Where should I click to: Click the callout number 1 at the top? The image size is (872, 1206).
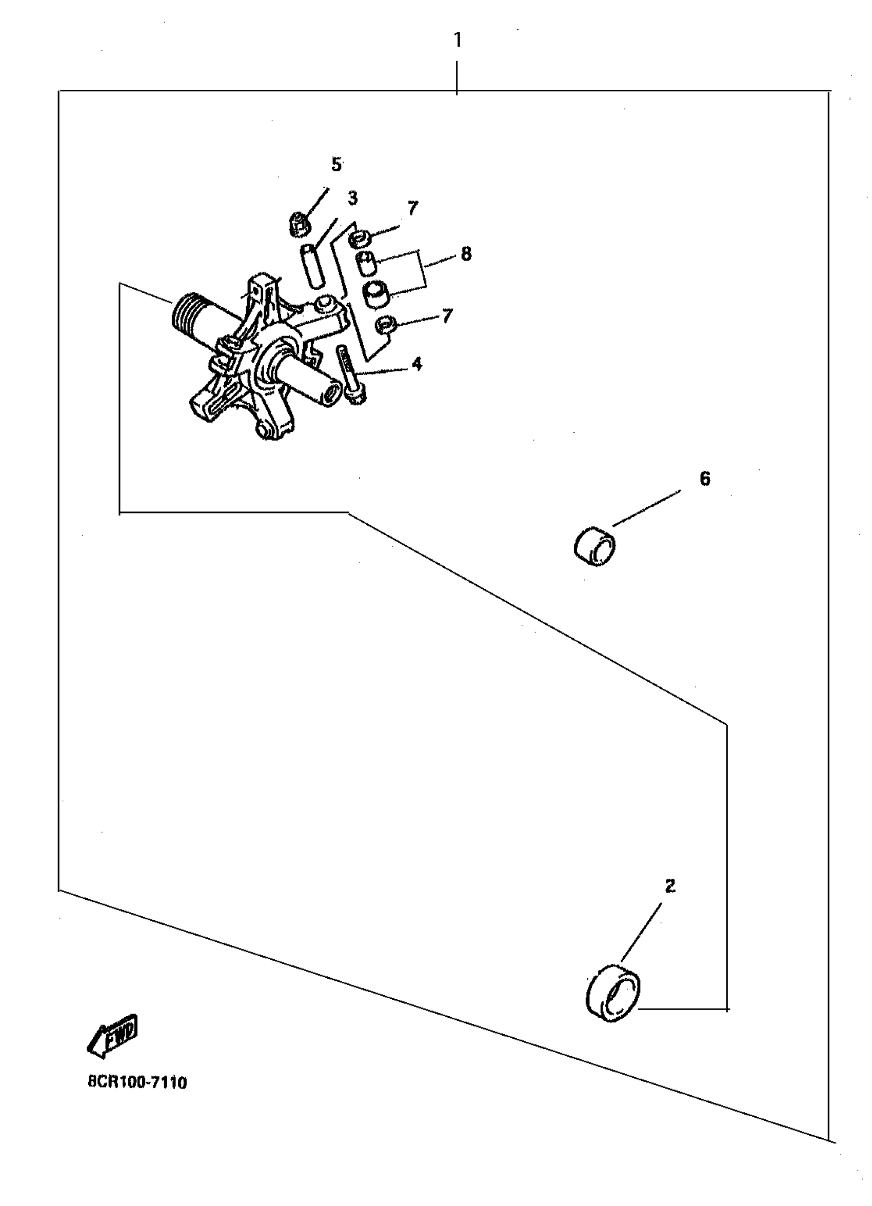[x=457, y=40]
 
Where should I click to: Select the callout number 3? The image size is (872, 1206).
[x=352, y=199]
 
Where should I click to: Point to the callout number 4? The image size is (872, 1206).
[x=417, y=364]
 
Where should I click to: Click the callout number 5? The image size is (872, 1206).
[x=336, y=164]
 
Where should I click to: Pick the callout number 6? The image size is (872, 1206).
[x=704, y=479]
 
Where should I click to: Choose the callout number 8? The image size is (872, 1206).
[x=466, y=254]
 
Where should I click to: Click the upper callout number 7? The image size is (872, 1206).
[x=412, y=208]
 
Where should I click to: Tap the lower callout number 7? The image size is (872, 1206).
[x=447, y=316]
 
